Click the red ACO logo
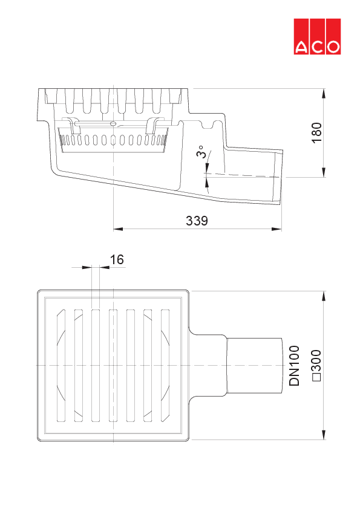point(318,36)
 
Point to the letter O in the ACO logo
point(333,47)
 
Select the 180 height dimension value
point(317,133)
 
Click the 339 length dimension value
point(197,221)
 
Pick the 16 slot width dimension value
point(117,259)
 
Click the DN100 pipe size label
point(295,366)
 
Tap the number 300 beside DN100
point(315,360)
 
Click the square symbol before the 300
point(315,378)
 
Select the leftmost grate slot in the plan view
point(61,366)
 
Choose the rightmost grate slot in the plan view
point(165,366)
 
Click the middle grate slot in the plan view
point(113,366)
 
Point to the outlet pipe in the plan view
point(254,366)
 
